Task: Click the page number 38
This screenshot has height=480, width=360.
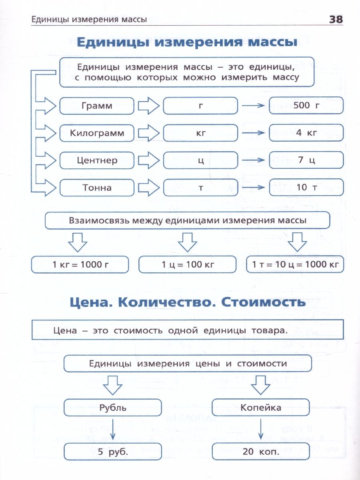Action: point(336,19)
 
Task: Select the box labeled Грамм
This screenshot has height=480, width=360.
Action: point(97,106)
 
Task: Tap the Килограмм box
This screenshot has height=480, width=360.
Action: point(97,133)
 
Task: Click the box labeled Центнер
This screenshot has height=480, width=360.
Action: point(97,160)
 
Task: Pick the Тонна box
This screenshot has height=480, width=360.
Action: point(97,187)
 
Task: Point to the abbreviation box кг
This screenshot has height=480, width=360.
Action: point(200,133)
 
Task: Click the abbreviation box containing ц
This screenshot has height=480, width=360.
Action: point(200,160)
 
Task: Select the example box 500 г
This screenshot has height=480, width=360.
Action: point(306,106)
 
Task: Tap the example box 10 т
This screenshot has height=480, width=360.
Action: point(306,187)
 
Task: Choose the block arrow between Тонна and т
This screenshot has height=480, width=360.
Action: point(148,187)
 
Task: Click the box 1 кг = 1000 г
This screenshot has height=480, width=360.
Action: point(80,264)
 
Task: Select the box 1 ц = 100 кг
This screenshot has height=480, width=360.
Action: point(188,264)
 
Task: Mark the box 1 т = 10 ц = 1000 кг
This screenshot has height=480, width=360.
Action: point(295,264)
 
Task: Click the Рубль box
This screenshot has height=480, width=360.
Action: point(113,408)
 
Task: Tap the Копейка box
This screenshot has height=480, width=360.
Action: point(261,408)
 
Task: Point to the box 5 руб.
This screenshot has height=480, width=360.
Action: point(113,452)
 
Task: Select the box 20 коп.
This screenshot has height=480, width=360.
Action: point(261,452)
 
